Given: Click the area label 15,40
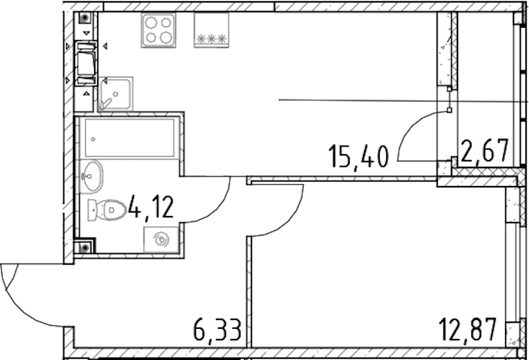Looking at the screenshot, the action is click(359, 156).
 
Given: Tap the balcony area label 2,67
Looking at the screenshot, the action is click(485, 151).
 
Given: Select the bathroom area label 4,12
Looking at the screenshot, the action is click(151, 208).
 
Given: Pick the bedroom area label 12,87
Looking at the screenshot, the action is click(468, 329).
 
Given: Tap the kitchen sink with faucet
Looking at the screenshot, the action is click(115, 94).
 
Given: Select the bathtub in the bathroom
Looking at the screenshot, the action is click(129, 137).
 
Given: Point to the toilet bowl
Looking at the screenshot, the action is click(107, 210).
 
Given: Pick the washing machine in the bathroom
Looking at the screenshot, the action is click(161, 239).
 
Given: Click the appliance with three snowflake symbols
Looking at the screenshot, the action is click(211, 31).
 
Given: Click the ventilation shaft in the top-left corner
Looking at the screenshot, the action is click(85, 17).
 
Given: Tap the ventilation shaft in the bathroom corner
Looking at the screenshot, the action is click(85, 248).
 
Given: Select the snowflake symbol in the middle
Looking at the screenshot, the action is click(211, 39).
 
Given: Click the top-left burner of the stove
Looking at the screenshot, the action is click(151, 23).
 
